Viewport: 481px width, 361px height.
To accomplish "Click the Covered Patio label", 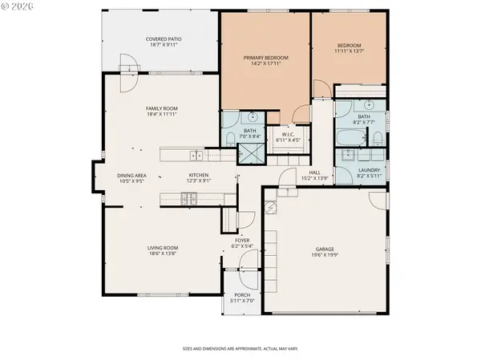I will [161, 39].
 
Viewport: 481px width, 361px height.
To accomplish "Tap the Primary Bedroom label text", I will [265, 58].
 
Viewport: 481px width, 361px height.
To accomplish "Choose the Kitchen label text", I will [199, 175].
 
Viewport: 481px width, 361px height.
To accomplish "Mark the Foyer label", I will [242, 241].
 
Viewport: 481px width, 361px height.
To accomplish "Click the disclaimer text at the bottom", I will [240, 349].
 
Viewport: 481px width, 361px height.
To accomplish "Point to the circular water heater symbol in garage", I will [270, 208].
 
